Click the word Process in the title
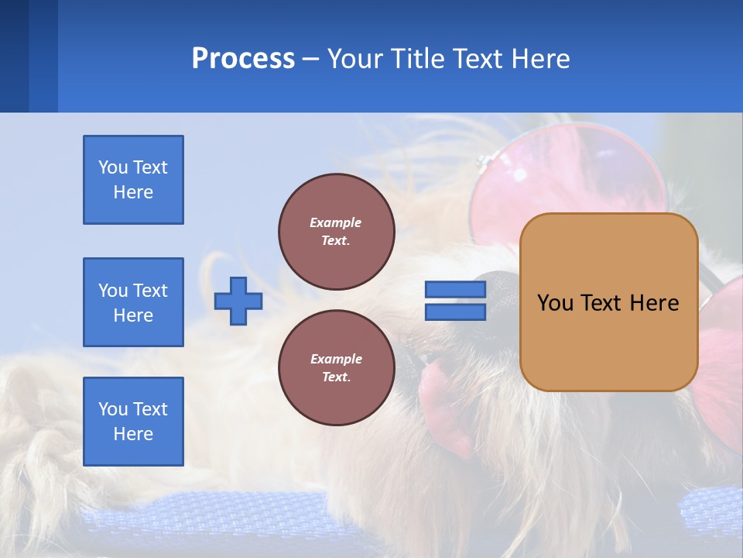(x=243, y=59)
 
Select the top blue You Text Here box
(x=133, y=180)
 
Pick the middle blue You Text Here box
(x=133, y=302)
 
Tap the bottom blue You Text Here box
(x=133, y=422)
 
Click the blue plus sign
(x=238, y=301)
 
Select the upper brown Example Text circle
(x=336, y=231)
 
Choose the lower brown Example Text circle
(x=336, y=367)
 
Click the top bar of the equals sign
(x=455, y=290)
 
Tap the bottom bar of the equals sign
(x=455, y=312)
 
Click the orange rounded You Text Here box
(x=608, y=302)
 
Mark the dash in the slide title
(x=310, y=60)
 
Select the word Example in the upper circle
(x=336, y=222)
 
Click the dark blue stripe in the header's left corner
(x=14, y=56)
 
